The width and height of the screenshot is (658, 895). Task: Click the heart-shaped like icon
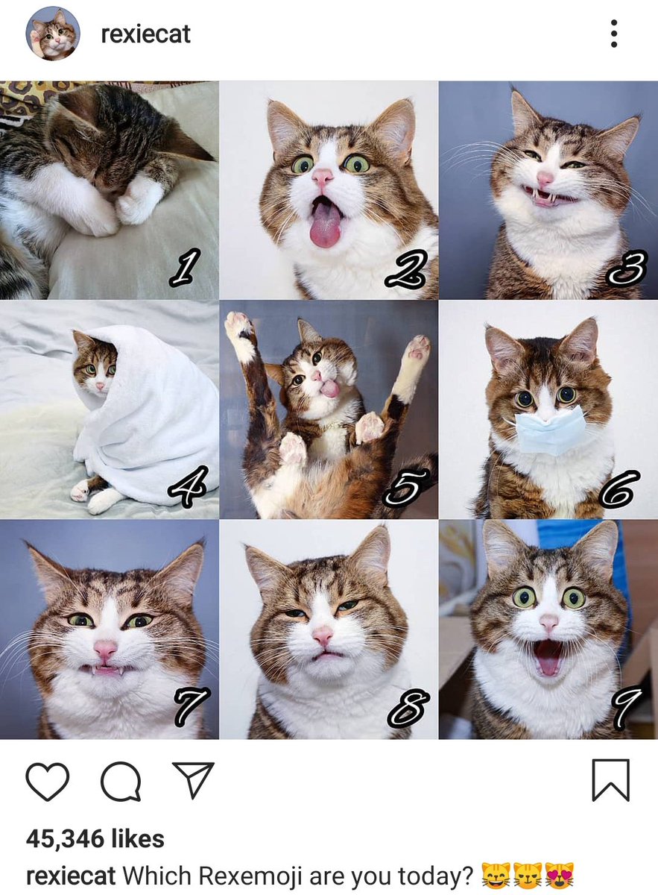pos(47,781)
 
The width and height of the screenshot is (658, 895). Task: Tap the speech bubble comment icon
pos(120,781)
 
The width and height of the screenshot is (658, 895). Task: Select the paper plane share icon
pos(193,779)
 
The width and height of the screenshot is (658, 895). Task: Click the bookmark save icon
pos(610,780)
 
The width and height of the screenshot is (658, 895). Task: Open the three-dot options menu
pos(613,34)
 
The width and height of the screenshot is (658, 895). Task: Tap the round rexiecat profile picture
pos(52,34)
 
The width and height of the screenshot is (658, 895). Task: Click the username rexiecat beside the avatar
pos(146,34)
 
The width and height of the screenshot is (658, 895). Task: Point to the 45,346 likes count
pos(95,839)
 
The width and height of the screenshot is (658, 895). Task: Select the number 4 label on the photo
pos(189,488)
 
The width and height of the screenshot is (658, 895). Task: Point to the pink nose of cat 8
pos(323,635)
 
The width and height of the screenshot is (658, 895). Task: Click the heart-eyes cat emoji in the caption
pos(559,875)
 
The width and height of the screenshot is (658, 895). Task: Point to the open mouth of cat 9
pos(548,656)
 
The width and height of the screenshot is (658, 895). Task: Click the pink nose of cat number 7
pos(104,650)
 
